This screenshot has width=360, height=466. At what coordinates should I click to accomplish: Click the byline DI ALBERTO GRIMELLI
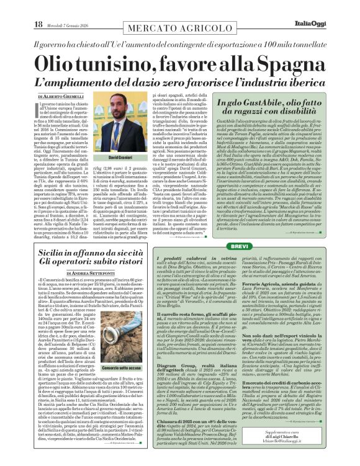pyautogui.click(x=61, y=97)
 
